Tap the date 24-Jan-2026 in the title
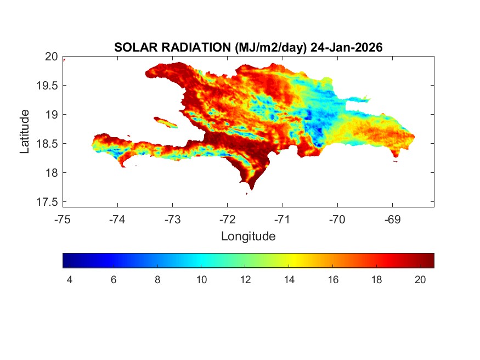click(x=346, y=48)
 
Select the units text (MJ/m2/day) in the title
click(x=270, y=48)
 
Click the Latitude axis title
click(x=25, y=131)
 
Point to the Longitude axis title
click(x=248, y=237)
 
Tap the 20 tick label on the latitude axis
click(x=51, y=57)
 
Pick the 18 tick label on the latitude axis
click(x=51, y=173)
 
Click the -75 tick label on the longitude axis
click(x=63, y=220)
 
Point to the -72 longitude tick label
click(x=228, y=220)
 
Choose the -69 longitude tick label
click(x=392, y=220)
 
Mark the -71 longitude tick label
click(x=283, y=220)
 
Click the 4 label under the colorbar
click(x=69, y=279)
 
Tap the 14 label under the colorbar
click(x=289, y=279)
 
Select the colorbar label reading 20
click(x=421, y=279)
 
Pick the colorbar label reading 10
click(x=201, y=279)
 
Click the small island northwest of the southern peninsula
click(x=165, y=121)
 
